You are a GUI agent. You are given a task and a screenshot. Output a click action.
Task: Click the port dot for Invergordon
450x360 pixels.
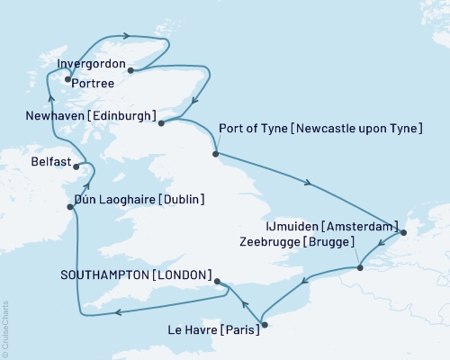click(131, 69)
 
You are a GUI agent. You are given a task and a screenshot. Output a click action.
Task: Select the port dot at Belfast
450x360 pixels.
click(78, 166)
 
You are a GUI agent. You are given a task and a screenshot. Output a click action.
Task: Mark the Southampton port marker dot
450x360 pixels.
click(219, 282)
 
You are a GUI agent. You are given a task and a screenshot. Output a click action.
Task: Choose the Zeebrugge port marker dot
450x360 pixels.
click(360, 267)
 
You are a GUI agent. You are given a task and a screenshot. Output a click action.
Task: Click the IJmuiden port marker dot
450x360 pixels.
click(402, 234)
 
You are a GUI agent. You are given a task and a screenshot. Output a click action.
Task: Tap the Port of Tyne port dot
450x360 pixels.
click(215, 155)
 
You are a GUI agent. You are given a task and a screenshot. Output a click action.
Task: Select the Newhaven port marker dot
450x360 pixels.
click(161, 123)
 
